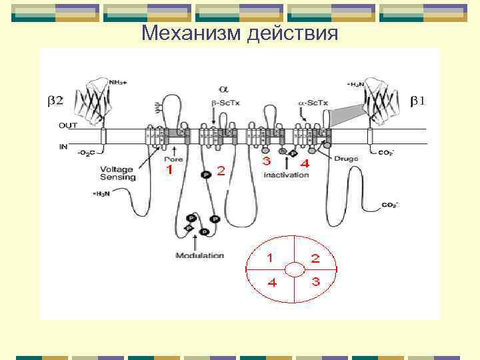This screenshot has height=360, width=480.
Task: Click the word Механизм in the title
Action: (x=192, y=33)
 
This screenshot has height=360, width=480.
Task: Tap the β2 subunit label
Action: (x=55, y=101)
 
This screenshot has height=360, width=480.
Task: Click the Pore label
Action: (x=174, y=159)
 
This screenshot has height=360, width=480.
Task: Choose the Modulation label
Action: (x=199, y=255)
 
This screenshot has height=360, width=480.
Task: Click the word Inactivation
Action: (x=287, y=175)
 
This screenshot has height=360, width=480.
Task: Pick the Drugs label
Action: (x=346, y=159)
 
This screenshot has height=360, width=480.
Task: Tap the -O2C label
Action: (x=85, y=153)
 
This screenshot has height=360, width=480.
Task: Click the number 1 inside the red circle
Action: (x=270, y=257)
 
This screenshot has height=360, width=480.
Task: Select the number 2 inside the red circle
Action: (x=315, y=257)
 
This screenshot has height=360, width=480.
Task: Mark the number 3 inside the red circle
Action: (x=315, y=281)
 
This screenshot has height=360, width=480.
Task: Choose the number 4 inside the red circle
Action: (x=271, y=282)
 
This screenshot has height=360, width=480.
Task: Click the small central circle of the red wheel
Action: (x=293, y=269)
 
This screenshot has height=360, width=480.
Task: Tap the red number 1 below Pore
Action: (x=169, y=171)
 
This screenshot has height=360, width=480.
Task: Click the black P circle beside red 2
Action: (x=205, y=174)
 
